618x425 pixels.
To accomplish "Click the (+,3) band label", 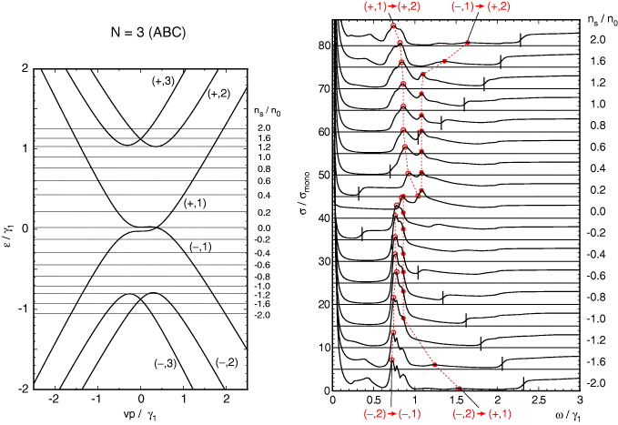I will point(164,81).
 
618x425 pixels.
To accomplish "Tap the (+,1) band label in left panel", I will point(197,203).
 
